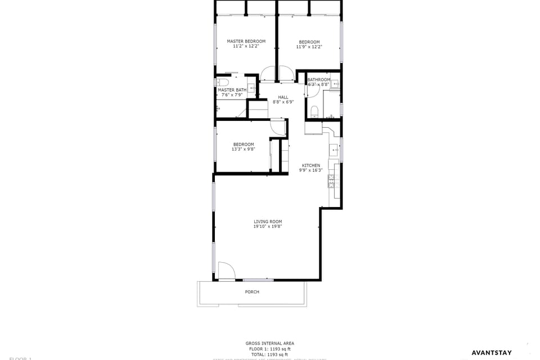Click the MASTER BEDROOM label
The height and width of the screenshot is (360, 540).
(x=246, y=41)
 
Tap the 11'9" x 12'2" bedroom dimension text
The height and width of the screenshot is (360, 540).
(x=309, y=47)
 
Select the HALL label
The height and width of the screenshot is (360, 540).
(x=283, y=97)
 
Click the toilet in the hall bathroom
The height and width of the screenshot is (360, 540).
(x=314, y=110)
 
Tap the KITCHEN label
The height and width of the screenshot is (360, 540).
(x=310, y=165)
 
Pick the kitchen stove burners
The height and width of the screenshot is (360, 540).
(x=331, y=181)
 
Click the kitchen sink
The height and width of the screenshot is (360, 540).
(x=334, y=150)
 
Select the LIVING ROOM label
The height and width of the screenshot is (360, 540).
(x=268, y=222)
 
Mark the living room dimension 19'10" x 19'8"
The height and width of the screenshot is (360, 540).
(x=268, y=227)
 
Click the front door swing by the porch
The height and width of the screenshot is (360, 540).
(x=226, y=271)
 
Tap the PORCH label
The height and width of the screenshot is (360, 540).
(x=252, y=292)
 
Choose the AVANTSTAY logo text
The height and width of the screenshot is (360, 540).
(x=491, y=353)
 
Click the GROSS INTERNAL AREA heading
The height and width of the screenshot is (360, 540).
(x=269, y=343)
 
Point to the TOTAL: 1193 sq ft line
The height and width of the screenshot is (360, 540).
(x=269, y=354)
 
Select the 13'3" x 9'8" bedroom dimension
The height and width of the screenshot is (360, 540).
(x=243, y=150)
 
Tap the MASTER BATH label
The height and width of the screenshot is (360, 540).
(x=232, y=90)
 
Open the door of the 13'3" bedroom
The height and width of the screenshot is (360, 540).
(x=278, y=128)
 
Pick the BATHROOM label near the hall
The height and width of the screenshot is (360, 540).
(x=318, y=80)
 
